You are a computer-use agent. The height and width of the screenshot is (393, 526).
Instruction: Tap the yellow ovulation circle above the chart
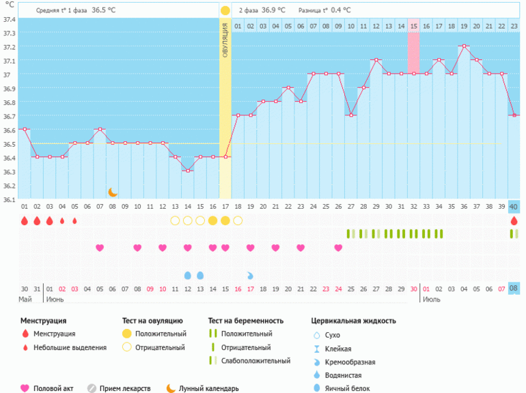coord(225,10)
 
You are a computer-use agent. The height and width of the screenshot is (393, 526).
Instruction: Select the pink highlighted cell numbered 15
coord(413,26)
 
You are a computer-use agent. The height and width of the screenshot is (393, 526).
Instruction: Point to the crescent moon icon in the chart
coord(113,192)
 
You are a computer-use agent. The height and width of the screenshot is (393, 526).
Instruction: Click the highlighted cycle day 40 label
coord(514,207)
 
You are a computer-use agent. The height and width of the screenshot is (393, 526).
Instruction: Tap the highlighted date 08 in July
coord(514,289)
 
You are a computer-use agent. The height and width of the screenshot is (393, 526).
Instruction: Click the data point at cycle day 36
coord(464,46)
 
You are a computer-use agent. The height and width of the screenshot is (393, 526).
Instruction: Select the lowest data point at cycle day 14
coord(187,171)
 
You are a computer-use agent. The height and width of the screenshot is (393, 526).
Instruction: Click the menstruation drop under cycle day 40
coord(514,221)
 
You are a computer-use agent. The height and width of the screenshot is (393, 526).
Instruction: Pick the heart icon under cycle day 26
coord(338,248)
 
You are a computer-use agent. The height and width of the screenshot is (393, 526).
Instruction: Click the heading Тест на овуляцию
coord(152,320)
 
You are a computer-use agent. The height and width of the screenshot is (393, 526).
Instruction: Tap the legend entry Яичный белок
coord(348,388)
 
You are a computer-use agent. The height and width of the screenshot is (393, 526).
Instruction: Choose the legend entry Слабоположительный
coord(253,360)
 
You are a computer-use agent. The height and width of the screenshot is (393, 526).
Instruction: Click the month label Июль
coord(431,300)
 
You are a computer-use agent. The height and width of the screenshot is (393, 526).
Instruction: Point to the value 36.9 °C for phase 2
coord(273,11)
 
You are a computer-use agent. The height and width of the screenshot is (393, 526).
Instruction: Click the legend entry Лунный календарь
coord(208,388)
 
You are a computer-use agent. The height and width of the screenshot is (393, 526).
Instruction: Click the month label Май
coord(25,300)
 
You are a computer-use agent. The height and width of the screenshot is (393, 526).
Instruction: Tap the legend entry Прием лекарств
coord(124,388)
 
